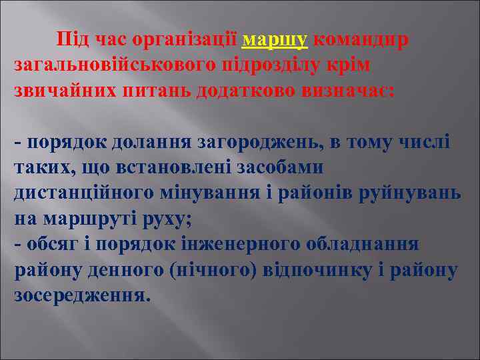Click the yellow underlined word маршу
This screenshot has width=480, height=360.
coord(275,41)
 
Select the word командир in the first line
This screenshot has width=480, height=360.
coord(361,41)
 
